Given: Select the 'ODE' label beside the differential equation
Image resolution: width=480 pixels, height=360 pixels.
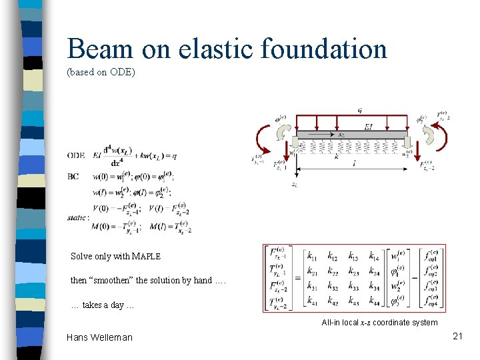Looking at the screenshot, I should [x=76, y=155].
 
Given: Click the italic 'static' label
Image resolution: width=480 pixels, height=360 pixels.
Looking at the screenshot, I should [x=78, y=217].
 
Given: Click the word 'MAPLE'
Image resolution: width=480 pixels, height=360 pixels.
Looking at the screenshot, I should [x=146, y=257].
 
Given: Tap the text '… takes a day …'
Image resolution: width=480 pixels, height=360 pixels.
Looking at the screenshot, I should [x=103, y=305].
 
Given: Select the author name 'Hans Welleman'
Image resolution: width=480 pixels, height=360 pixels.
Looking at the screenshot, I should [x=99, y=337].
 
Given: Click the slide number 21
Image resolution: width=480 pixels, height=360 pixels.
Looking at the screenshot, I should [x=457, y=336].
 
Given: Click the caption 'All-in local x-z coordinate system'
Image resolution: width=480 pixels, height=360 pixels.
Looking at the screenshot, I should [x=379, y=323].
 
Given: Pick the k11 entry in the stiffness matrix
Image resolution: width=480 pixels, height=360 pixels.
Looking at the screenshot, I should [x=311, y=255].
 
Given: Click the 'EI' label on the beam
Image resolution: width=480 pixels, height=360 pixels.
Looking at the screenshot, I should [x=368, y=127].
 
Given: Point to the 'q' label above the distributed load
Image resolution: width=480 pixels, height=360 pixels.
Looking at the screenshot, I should [x=360, y=111].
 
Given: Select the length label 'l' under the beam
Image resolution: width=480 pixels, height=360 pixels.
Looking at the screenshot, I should [x=354, y=163].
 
